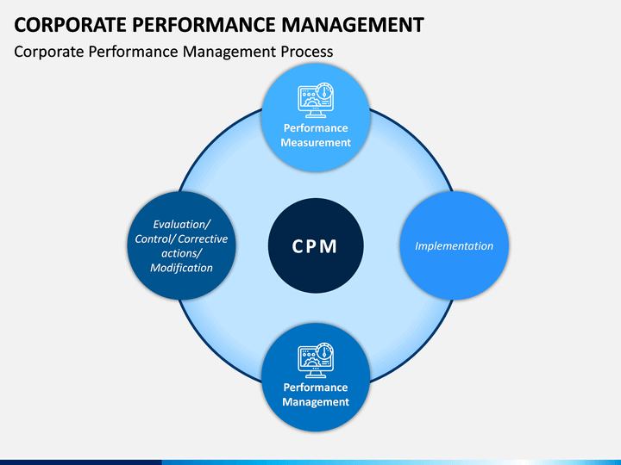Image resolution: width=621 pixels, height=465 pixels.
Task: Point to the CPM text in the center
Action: click(315, 247)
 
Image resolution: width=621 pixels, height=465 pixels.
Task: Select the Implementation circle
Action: click(454, 224)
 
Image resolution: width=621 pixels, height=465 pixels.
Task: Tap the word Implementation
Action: click(454, 246)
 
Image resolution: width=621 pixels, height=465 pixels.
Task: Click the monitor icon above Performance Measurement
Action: click(315, 98)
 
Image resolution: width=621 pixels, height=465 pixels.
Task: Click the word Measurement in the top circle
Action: click(316, 143)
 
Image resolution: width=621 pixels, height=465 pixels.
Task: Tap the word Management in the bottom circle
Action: click(316, 402)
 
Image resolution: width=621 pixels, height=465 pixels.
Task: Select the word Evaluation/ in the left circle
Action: click(181, 224)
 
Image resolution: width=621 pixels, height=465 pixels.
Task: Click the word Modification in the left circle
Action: click(181, 268)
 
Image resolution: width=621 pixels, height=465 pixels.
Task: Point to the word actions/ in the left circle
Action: click(181, 253)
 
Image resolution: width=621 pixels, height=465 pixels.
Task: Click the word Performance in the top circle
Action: click(316, 128)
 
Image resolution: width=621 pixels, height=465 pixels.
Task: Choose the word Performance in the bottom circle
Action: click(316, 387)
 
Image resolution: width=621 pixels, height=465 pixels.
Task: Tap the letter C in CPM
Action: click(298, 247)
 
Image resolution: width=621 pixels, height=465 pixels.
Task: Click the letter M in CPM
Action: click(330, 247)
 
